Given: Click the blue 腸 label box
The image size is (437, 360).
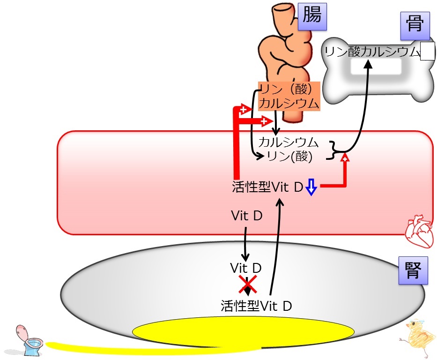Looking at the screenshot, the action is [312, 16].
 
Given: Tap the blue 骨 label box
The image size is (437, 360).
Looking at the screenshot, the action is [415, 26].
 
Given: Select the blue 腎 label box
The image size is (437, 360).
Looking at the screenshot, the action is [413, 270].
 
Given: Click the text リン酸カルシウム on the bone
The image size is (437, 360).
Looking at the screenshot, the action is [372, 52].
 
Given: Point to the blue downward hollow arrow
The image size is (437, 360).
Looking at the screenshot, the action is [311, 187].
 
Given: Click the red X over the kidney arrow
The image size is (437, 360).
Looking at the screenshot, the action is [247, 285].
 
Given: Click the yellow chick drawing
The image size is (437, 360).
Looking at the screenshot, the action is [417, 337].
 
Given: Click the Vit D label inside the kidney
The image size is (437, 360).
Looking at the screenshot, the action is [245, 268].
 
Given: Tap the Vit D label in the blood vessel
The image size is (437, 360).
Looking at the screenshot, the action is [247, 216].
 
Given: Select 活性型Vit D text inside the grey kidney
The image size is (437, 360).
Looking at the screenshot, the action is [256, 306].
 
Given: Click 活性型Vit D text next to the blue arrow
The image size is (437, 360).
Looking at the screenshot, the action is [267, 187].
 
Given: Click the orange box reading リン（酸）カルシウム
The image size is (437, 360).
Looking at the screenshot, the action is [289, 96].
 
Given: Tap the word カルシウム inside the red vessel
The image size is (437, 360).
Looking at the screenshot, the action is [289, 142].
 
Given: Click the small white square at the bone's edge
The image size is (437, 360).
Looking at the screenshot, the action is [428, 51].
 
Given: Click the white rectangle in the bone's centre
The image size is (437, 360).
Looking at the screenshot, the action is [376, 67].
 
